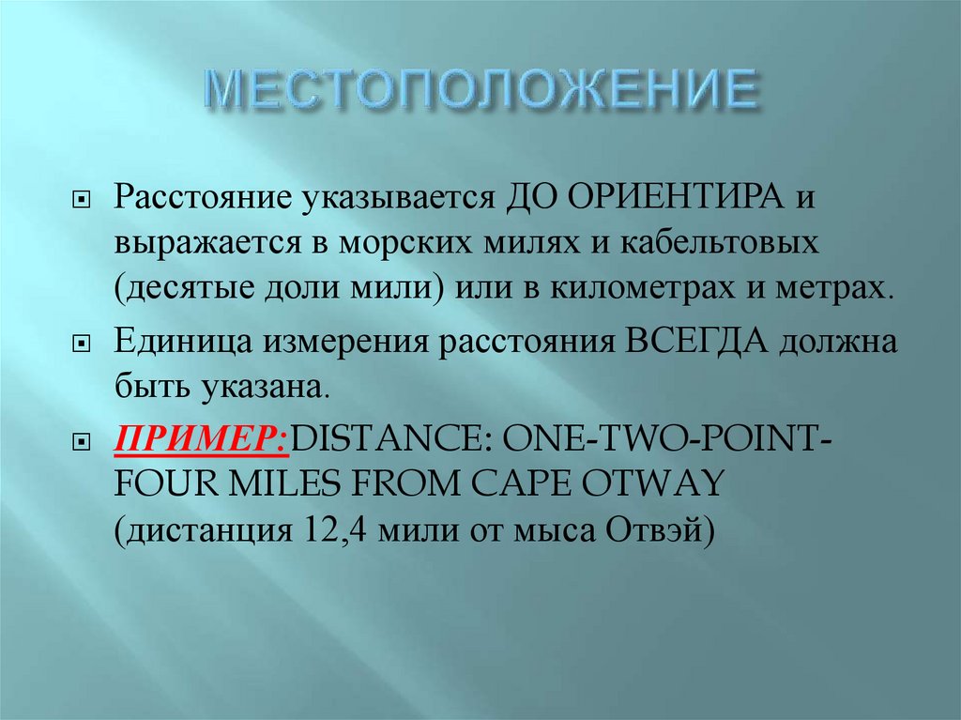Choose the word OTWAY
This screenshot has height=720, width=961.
point(663,484)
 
